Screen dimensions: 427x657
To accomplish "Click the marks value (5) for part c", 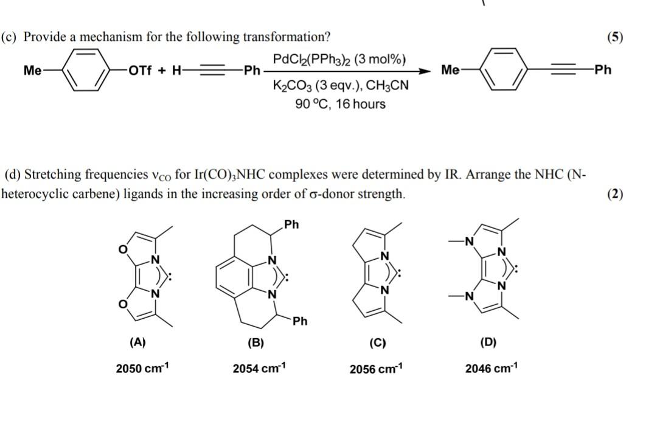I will click(x=615, y=36).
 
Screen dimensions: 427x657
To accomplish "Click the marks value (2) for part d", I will click(x=615, y=194).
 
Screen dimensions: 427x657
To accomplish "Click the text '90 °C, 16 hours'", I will click(x=340, y=104).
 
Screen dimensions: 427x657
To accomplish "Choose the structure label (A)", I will click(x=138, y=342).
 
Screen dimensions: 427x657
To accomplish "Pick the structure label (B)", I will click(x=255, y=342).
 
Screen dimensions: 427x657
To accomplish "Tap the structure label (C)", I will click(x=377, y=342).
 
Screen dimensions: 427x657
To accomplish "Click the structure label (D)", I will click(x=488, y=342).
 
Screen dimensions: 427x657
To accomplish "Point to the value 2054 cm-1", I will click(x=259, y=369).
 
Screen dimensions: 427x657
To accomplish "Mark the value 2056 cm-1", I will click(x=376, y=369).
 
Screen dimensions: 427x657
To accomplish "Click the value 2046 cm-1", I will click(x=492, y=369).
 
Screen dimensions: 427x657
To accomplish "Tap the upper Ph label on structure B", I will click(x=291, y=224).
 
